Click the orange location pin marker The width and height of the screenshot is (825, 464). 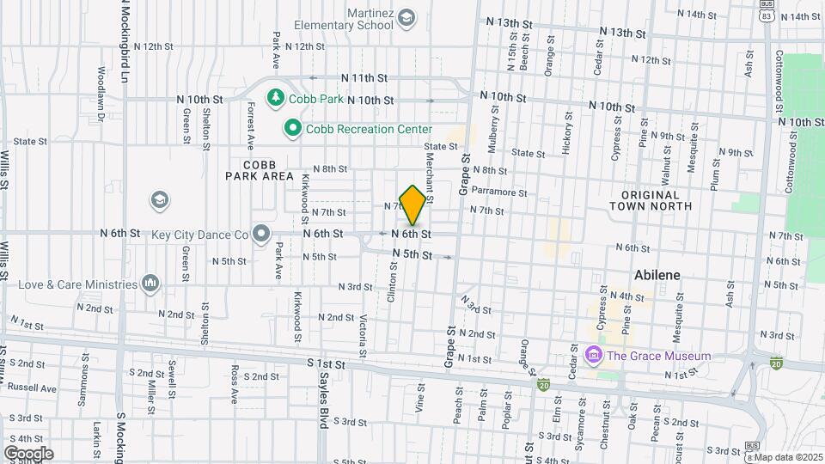click(x=412, y=205)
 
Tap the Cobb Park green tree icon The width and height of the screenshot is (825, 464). click(x=276, y=98)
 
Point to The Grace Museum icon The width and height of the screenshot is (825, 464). click(x=592, y=355)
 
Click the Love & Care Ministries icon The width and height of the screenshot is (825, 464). click(x=151, y=283)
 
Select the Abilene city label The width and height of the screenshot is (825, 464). click(x=657, y=275)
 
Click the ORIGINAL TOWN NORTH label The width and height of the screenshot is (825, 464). click(x=651, y=200)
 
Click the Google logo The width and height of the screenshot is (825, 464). click(x=28, y=453)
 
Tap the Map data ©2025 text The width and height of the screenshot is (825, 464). click(x=784, y=456)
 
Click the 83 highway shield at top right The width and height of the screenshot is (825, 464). click(x=765, y=15)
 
